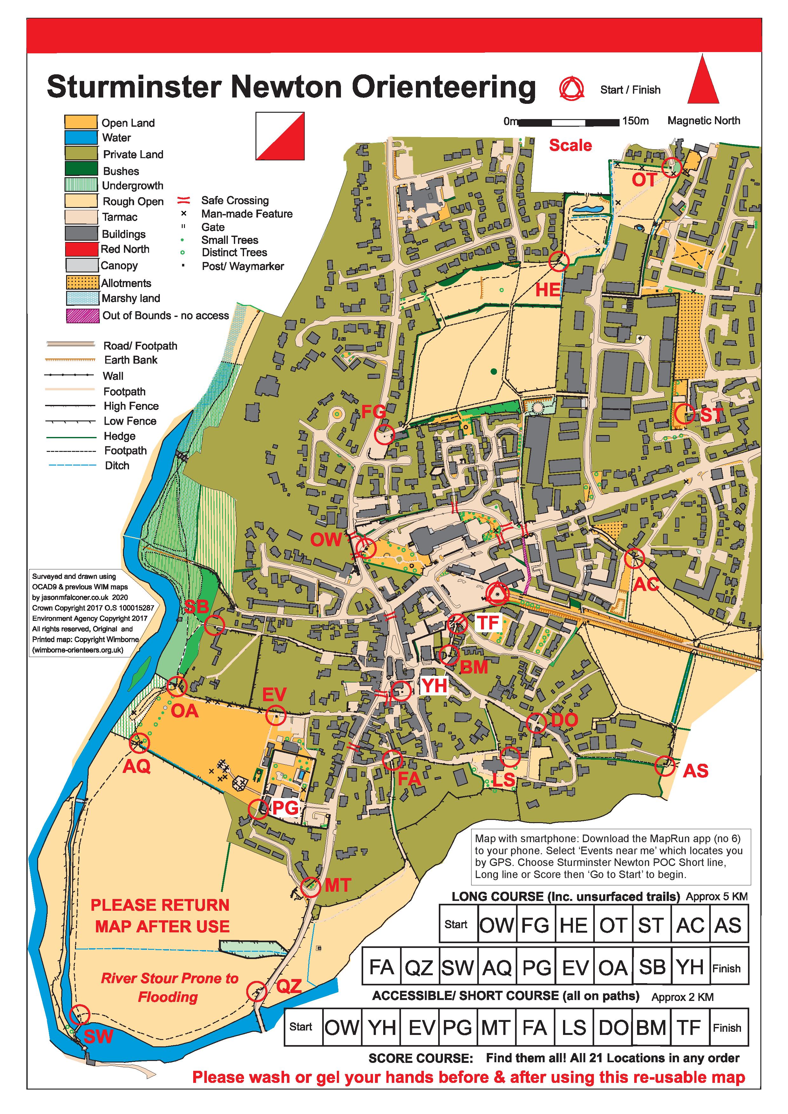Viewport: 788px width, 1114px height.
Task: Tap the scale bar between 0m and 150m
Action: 569,122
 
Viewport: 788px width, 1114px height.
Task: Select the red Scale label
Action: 570,145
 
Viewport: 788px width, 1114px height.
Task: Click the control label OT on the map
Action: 644,180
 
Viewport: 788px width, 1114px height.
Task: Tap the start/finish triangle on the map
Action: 497,594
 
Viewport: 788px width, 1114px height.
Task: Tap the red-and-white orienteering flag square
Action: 280,136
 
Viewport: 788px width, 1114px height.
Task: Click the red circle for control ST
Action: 684,414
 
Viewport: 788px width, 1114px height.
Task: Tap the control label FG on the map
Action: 373,413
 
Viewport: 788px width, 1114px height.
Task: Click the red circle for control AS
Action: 664,766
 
